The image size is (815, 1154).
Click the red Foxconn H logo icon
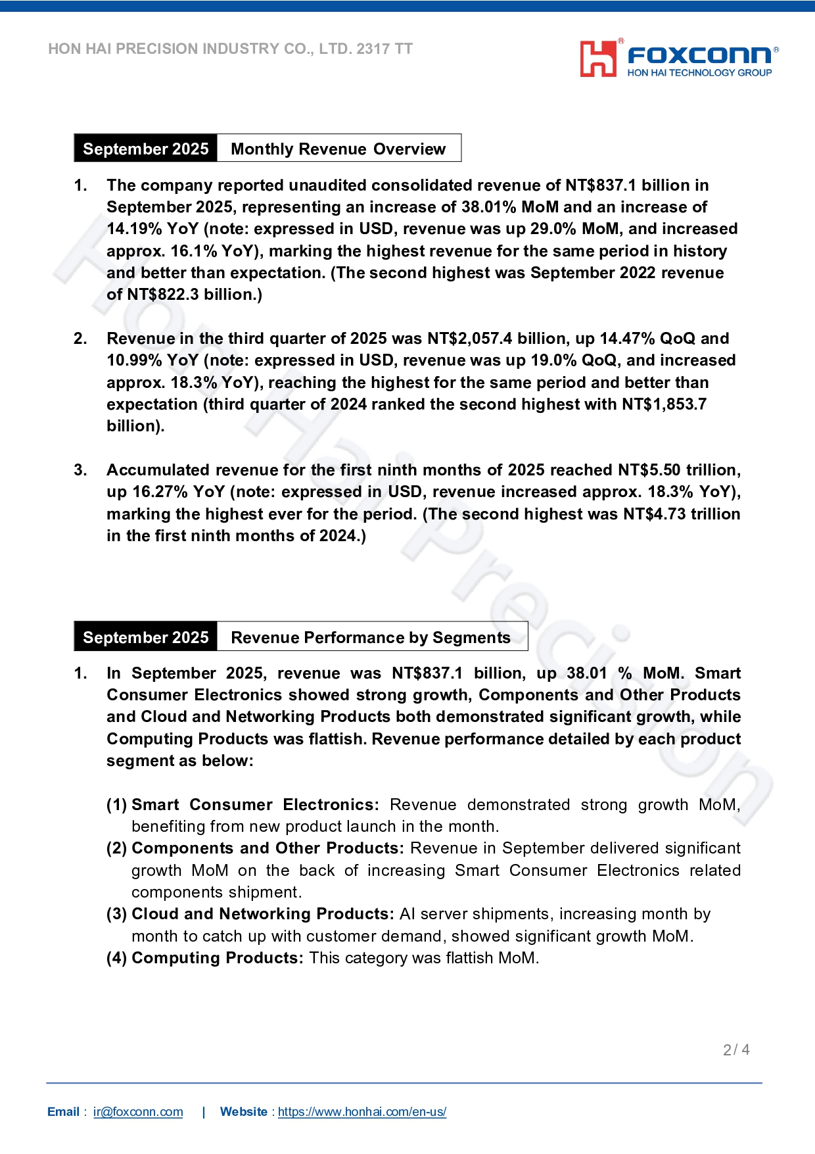(x=598, y=59)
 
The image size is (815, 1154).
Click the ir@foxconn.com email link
(x=138, y=1112)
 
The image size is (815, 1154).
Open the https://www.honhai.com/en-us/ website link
(x=362, y=1112)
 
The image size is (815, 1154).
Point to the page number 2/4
(x=736, y=1050)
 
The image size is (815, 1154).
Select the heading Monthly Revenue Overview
(x=338, y=149)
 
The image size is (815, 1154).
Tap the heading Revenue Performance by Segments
(x=371, y=638)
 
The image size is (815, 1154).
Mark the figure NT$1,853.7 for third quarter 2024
(x=664, y=404)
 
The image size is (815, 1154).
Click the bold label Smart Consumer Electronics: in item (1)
(x=255, y=805)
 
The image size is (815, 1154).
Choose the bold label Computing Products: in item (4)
(x=218, y=958)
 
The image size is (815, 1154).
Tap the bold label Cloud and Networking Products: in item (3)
(x=263, y=914)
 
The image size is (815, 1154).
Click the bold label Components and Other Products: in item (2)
(x=268, y=848)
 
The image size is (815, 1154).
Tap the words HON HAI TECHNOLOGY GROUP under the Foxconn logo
(x=699, y=73)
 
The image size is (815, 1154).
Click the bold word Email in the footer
(x=63, y=1112)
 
